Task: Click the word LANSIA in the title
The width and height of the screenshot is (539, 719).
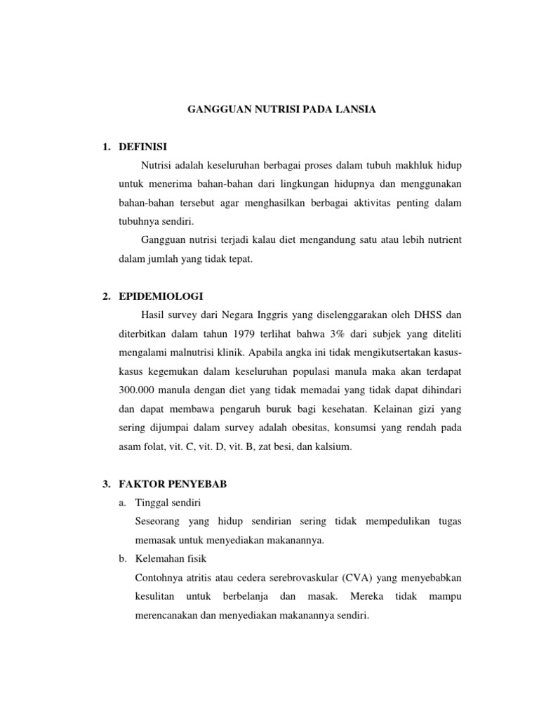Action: pos(356,110)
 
